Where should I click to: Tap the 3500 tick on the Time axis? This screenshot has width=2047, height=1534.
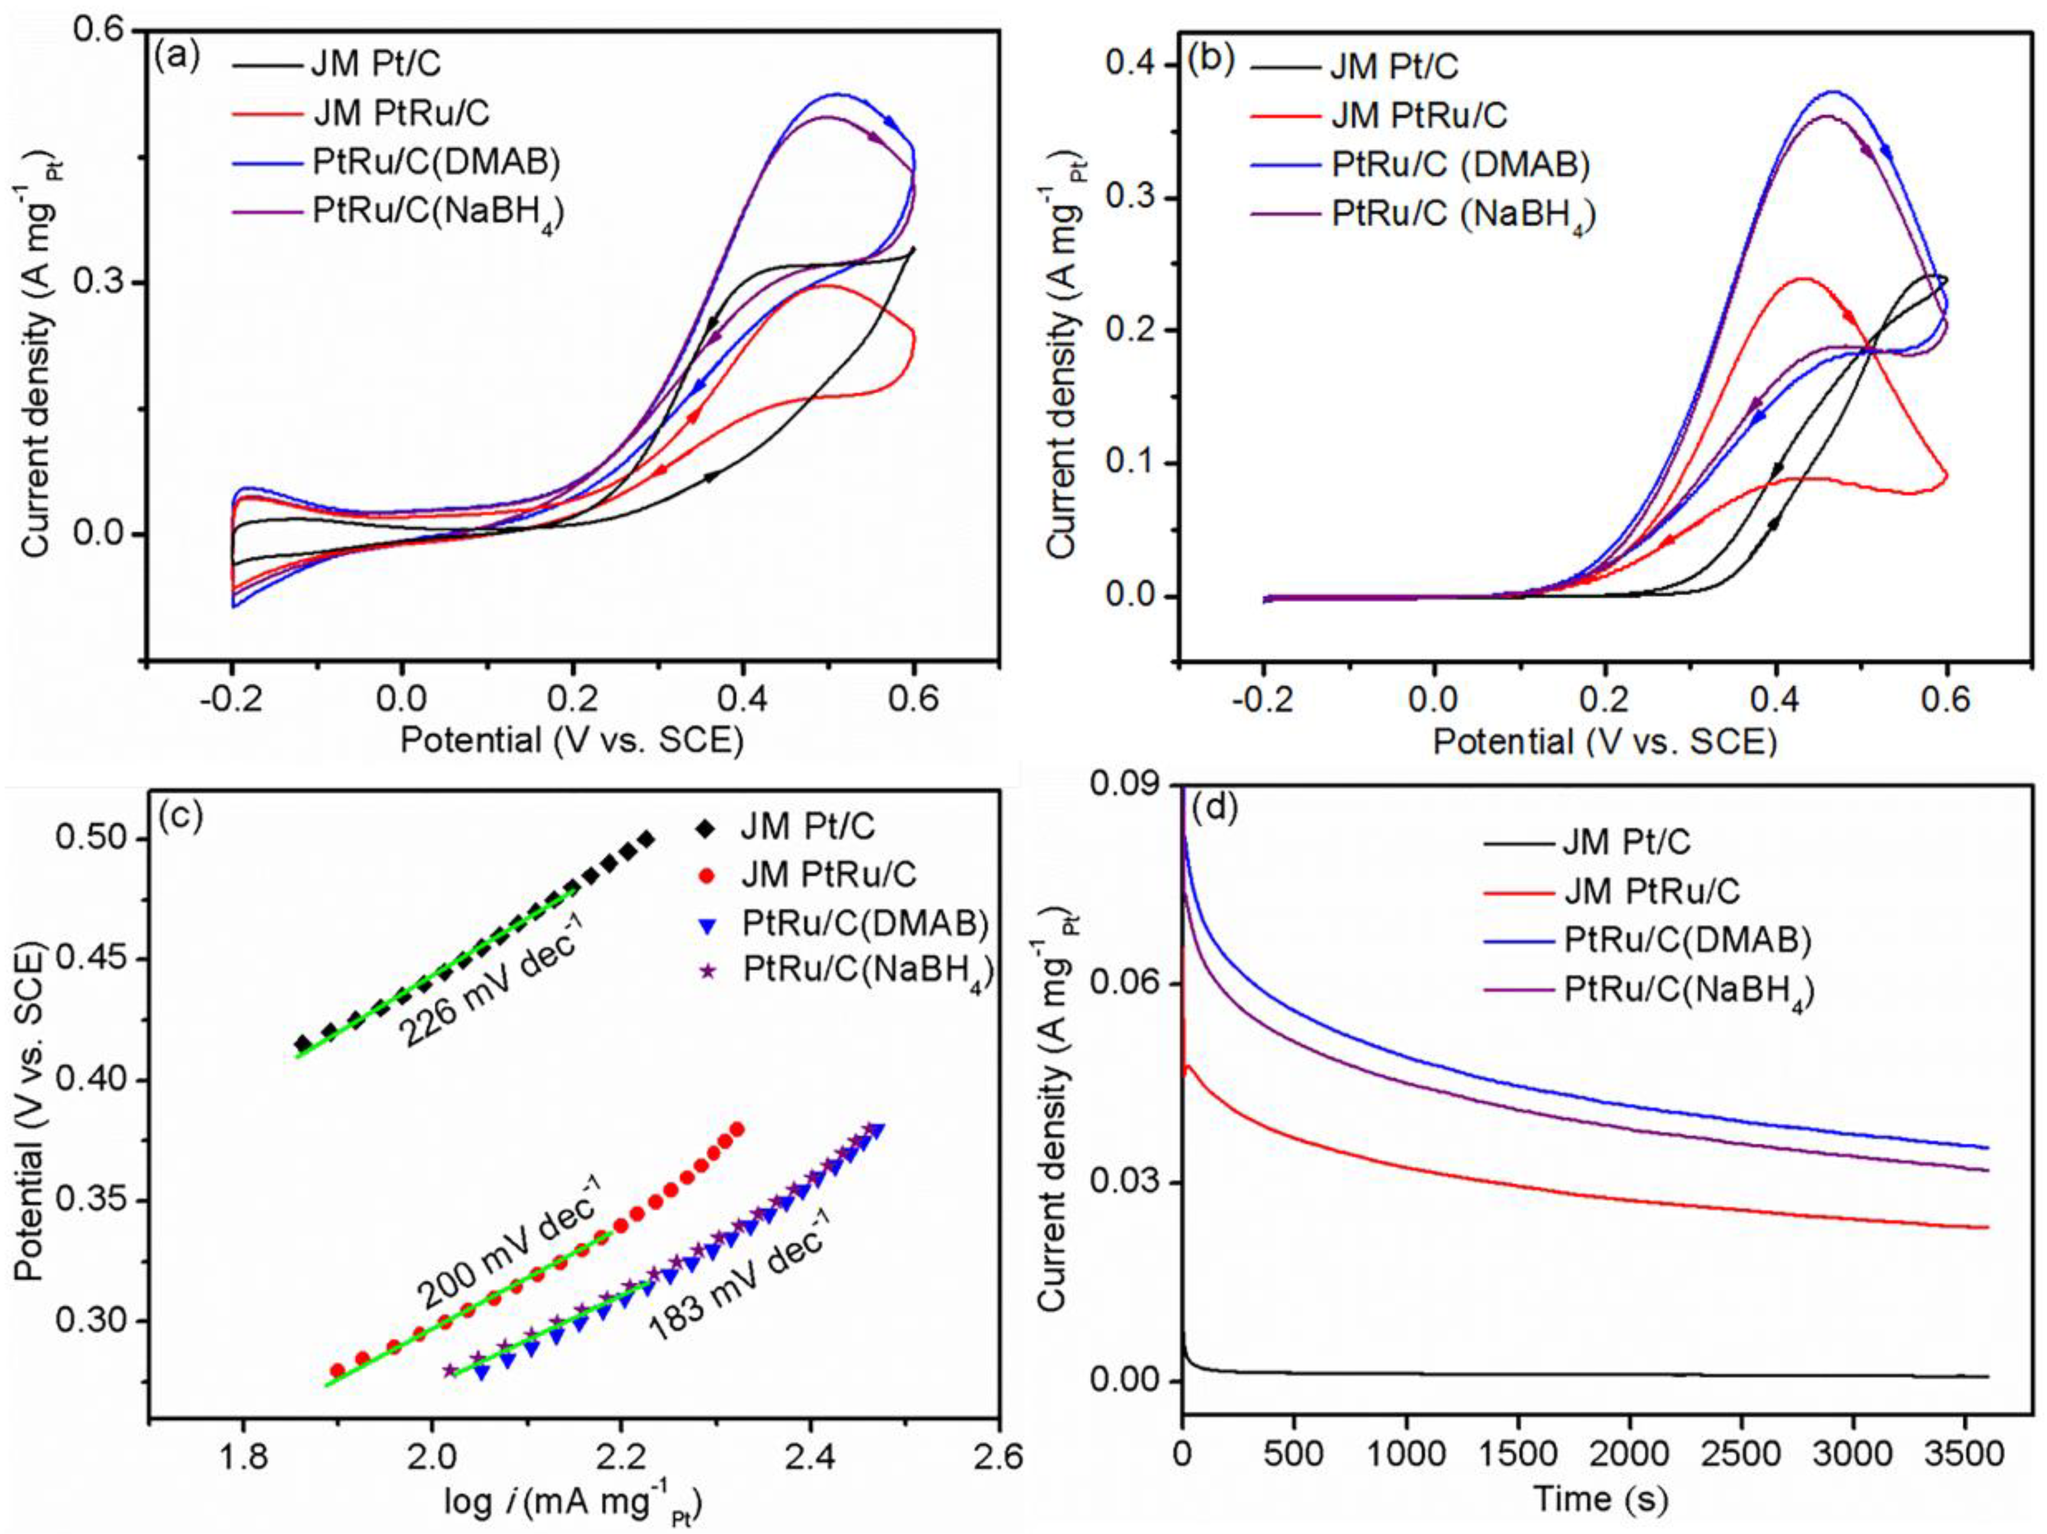1965,1452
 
